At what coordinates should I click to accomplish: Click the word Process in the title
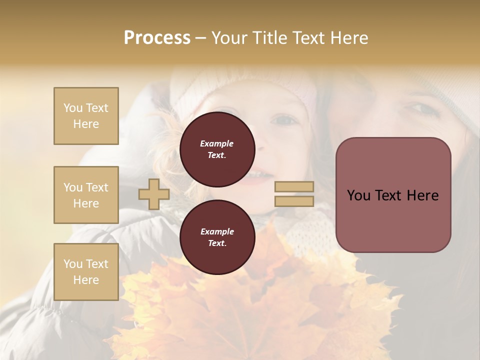coord(157,38)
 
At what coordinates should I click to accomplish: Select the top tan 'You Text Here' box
coord(86,116)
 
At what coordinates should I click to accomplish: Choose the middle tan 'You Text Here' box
coord(86,195)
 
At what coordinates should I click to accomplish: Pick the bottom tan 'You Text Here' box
coord(86,271)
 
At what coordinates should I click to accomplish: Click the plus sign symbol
coord(154,194)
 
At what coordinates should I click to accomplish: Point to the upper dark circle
coord(217,149)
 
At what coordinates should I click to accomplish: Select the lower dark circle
coord(217,237)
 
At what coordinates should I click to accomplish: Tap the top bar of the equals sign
coord(294,186)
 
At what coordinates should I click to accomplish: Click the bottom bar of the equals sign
coord(294,201)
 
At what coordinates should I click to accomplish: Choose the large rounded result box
coord(393,194)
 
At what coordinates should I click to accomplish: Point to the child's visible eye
coord(285,120)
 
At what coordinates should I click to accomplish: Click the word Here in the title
coord(350,38)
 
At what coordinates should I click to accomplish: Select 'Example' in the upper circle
coord(217,143)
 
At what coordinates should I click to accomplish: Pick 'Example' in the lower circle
coord(217,231)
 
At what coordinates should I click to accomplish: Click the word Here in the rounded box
coord(423,195)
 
